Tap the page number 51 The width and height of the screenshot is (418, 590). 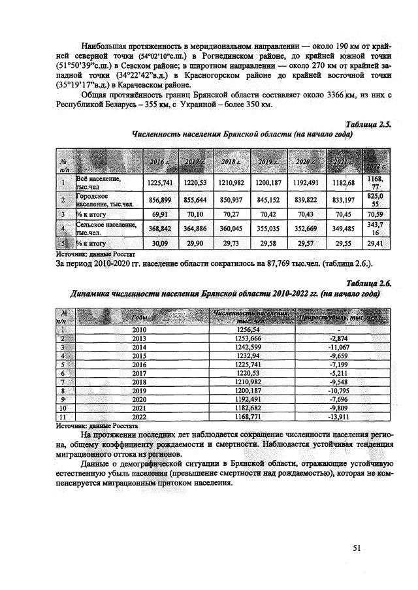(357, 548)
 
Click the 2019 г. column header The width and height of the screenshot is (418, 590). (267, 161)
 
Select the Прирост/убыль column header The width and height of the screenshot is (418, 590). (338, 317)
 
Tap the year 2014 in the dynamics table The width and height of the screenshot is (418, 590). (139, 347)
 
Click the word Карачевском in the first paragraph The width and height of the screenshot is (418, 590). (142, 85)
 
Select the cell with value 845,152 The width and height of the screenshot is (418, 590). (267, 199)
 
